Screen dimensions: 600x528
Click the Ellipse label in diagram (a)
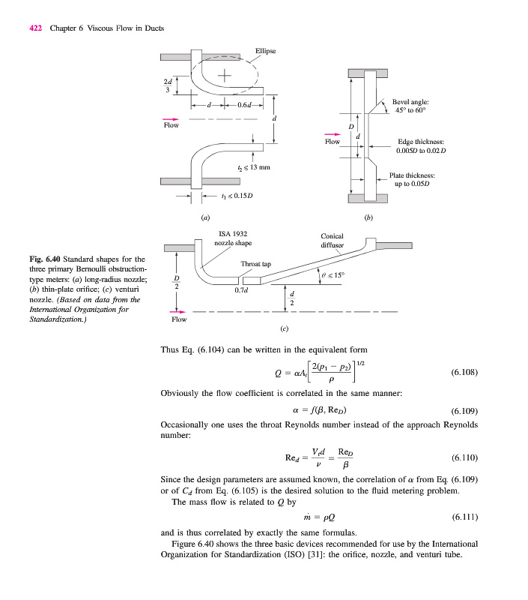point(265,51)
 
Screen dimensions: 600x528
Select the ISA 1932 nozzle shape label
point(233,238)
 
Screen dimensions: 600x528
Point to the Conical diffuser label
point(332,240)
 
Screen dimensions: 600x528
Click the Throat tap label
point(255,264)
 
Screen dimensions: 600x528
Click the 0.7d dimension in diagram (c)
point(241,289)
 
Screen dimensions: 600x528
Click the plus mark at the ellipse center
point(225,76)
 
